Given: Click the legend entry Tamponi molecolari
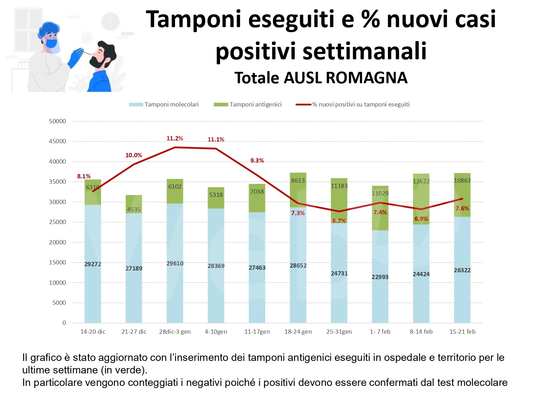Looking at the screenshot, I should coord(172,104).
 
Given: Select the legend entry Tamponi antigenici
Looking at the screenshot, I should coord(255,104).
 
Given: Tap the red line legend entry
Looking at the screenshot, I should coord(361,104).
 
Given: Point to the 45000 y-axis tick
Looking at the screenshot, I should coord(57,142).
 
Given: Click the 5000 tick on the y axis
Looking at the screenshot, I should coord(59,303).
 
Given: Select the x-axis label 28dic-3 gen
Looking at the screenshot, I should coord(175,332).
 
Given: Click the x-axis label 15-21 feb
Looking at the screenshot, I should coord(462,332).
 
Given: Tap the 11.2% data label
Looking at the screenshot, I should coord(175,138).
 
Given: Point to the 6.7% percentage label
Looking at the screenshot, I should coord(339,221).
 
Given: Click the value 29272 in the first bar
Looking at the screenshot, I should coord(93,264).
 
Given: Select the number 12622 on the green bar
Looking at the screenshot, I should coord(421,181).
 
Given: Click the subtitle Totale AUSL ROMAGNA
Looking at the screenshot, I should coord(321,78).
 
